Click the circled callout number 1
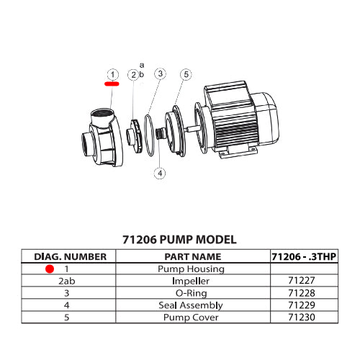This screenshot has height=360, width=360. (112, 74)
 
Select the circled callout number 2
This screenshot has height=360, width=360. (133, 75)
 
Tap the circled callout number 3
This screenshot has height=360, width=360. (160, 73)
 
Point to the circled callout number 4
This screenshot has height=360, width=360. (160, 173)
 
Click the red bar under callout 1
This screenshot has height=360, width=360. (112, 84)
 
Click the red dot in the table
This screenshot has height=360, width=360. (49, 269)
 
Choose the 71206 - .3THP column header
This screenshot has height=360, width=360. (304, 256)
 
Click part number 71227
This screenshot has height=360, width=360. (304, 281)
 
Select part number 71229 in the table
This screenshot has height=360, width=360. (304, 305)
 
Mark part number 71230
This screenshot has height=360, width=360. (304, 318)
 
